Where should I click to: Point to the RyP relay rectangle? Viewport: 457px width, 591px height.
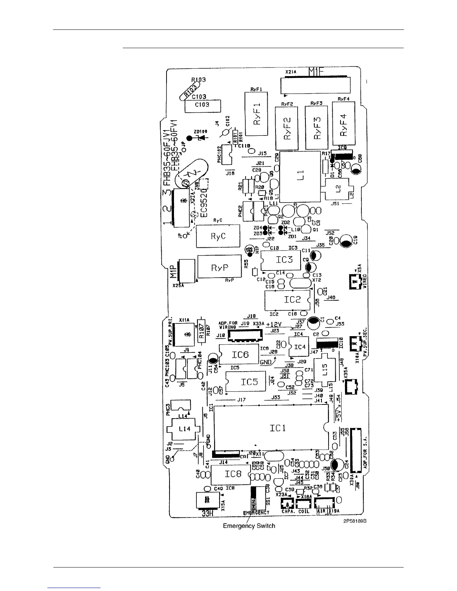pyautogui.click(x=220, y=267)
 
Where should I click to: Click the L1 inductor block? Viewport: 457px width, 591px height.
pyautogui.click(x=301, y=177)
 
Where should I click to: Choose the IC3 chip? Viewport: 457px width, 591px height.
pyautogui.click(x=281, y=260)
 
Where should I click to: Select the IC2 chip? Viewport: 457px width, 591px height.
pyautogui.click(x=287, y=300)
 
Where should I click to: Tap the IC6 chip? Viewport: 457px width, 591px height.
pyautogui.click(x=239, y=354)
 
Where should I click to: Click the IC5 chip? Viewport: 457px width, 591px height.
pyautogui.click(x=247, y=382)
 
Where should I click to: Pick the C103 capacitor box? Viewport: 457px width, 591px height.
pyautogui.click(x=202, y=105)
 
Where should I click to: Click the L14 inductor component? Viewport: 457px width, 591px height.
pyautogui.click(x=184, y=429)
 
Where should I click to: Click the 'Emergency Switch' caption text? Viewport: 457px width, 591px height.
pyautogui.click(x=249, y=526)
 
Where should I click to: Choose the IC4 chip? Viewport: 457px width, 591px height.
pyautogui.click(x=300, y=347)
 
